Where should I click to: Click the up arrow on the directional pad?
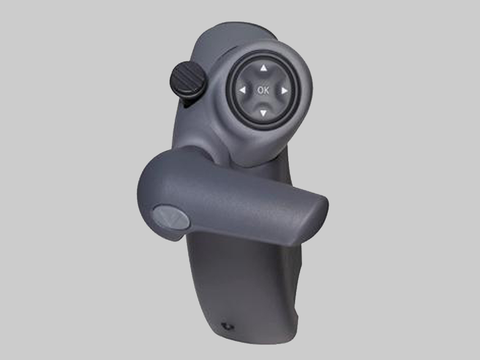point(263,68)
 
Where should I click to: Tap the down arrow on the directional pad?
point(263,114)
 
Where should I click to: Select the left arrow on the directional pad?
point(242,91)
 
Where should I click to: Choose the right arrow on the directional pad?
point(284,91)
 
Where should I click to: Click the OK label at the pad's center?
point(263,90)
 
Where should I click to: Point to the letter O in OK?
point(260,90)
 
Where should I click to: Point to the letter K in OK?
point(266,90)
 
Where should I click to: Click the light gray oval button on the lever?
point(171,217)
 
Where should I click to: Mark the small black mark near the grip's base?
point(228,327)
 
